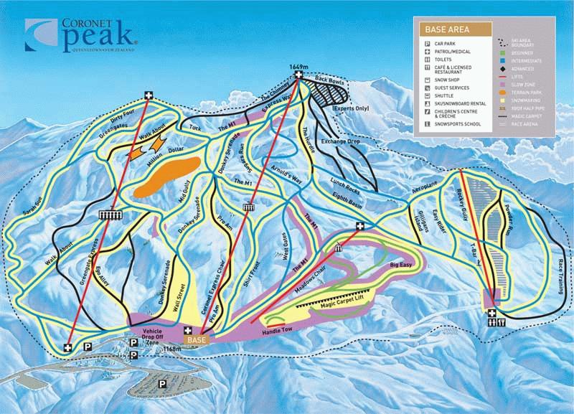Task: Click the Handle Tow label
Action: [x=278, y=329]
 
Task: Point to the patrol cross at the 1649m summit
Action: [x=298, y=75]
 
